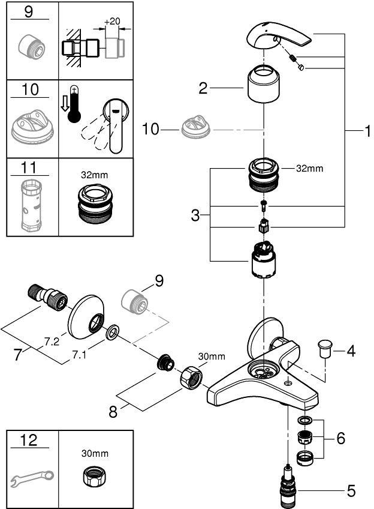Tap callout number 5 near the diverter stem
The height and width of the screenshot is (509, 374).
click(351, 491)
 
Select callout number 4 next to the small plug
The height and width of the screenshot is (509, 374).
click(351, 351)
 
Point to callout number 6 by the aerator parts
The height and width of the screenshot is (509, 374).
click(341, 439)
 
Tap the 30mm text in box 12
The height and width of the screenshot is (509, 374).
click(92, 454)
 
